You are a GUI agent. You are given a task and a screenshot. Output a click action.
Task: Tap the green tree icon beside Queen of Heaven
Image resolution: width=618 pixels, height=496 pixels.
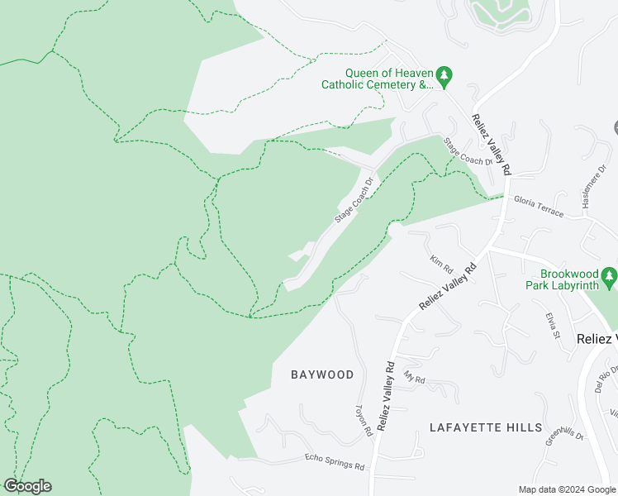point(444,78)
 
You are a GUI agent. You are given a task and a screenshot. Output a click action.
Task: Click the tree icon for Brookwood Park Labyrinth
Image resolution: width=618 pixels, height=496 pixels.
point(609,275)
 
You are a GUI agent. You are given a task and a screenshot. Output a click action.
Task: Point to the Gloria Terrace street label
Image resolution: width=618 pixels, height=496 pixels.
point(538,207)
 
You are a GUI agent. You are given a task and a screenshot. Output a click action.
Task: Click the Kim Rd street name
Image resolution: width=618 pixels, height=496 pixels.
point(441,265)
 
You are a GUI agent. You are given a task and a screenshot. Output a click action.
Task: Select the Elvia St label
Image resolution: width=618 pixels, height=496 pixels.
point(552,325)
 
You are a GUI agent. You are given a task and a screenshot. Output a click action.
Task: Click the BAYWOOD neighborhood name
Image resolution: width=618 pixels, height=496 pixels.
point(322,374)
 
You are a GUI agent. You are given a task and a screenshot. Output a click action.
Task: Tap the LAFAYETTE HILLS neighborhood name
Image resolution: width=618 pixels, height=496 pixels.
point(486,427)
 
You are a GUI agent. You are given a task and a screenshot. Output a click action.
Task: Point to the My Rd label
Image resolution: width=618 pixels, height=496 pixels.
point(414,378)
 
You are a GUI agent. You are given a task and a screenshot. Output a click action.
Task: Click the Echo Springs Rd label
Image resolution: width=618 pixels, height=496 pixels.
point(335,461)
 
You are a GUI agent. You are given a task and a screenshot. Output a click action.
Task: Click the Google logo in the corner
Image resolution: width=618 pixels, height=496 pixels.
point(27,486)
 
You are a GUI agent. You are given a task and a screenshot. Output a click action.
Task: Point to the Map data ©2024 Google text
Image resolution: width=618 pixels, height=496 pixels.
point(567,489)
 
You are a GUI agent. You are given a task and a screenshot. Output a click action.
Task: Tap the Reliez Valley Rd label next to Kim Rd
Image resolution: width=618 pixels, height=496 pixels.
point(449,287)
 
